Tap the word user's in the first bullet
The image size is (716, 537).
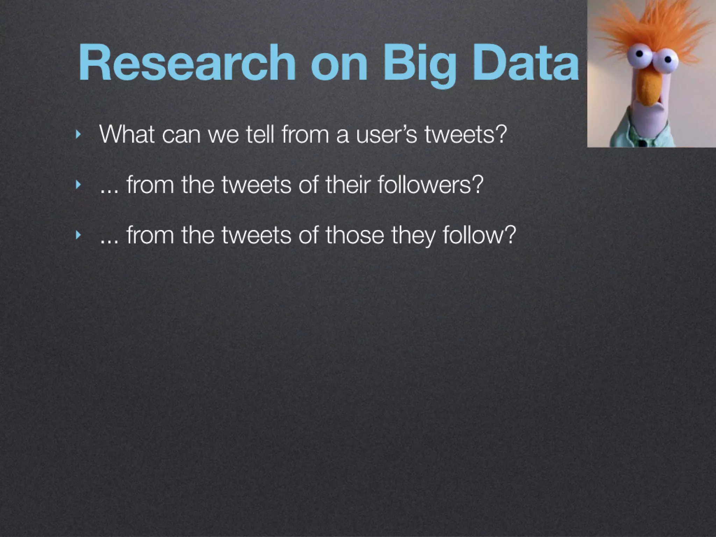(x=386, y=134)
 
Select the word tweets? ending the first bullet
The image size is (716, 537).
(x=465, y=134)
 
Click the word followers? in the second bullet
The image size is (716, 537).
(x=430, y=184)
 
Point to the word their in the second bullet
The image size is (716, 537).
(x=348, y=184)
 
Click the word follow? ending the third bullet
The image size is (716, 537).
(x=479, y=235)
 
